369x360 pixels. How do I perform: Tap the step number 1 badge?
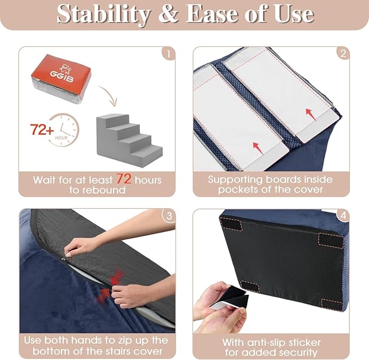[x=168, y=54]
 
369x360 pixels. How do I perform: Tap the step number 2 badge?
[x=342, y=54]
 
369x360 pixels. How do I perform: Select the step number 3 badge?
[x=168, y=216]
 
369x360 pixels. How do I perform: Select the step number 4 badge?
[x=342, y=216]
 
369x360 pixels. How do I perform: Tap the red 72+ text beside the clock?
[x=42, y=131]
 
